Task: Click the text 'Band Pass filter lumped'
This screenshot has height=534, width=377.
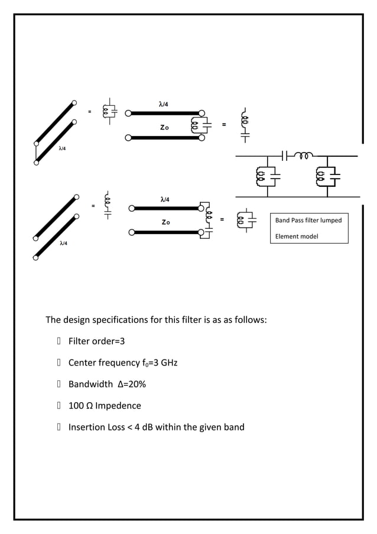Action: click(308, 221)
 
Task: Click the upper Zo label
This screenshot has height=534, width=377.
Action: click(165, 127)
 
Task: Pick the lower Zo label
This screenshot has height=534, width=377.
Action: click(166, 222)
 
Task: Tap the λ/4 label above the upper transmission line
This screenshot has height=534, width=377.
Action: click(165, 104)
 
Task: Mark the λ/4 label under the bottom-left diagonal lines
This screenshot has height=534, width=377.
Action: click(63, 244)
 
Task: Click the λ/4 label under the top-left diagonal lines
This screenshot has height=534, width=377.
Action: click(61, 148)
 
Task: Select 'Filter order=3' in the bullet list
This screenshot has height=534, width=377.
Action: click(96, 341)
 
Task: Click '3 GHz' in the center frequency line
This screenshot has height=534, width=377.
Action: click(165, 363)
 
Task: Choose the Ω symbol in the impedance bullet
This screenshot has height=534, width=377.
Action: click(88, 406)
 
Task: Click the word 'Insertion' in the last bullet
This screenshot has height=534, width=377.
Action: click(87, 427)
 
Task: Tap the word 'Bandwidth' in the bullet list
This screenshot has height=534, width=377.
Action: click(90, 384)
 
